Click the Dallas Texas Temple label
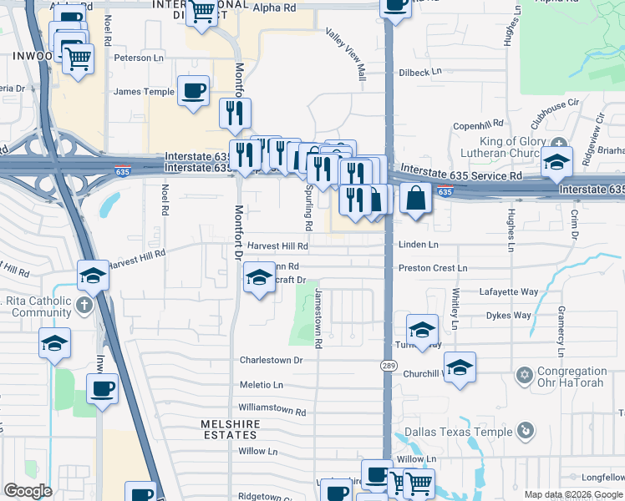tap(458, 433)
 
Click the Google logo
tap(28, 490)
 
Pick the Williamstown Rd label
tap(272, 410)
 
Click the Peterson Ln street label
tap(139, 58)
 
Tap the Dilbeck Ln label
tap(419, 73)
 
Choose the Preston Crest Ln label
tap(432, 268)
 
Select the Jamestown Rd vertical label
tap(318, 317)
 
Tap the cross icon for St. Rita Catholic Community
tap(84, 306)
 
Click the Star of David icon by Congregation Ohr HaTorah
tap(524, 373)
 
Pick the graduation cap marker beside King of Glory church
tap(556, 162)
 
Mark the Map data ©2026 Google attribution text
tap(572, 493)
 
